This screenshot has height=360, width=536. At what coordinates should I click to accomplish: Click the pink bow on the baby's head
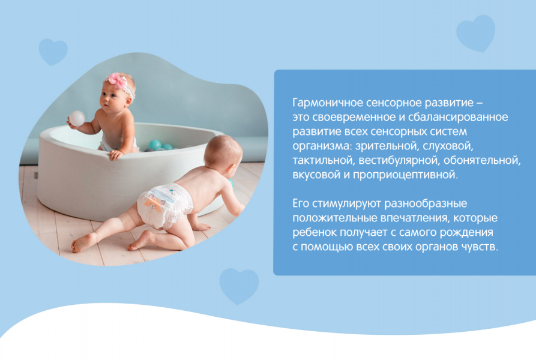coord(118,81)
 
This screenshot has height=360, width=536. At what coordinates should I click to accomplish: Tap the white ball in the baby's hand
coord(77,119)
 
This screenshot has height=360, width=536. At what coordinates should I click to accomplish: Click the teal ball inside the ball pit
coord(155,145)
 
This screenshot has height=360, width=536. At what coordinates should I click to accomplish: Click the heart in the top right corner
coord(475,33)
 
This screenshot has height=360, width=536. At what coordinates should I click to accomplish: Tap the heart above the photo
coord(53,52)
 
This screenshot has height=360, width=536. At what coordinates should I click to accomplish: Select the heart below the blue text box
coord(239,286)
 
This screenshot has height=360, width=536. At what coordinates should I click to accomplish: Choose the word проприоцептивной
coord(405,175)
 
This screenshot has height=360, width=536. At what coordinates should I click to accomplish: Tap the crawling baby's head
coord(223,154)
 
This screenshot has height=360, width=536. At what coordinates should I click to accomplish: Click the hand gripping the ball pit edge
coord(116,154)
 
